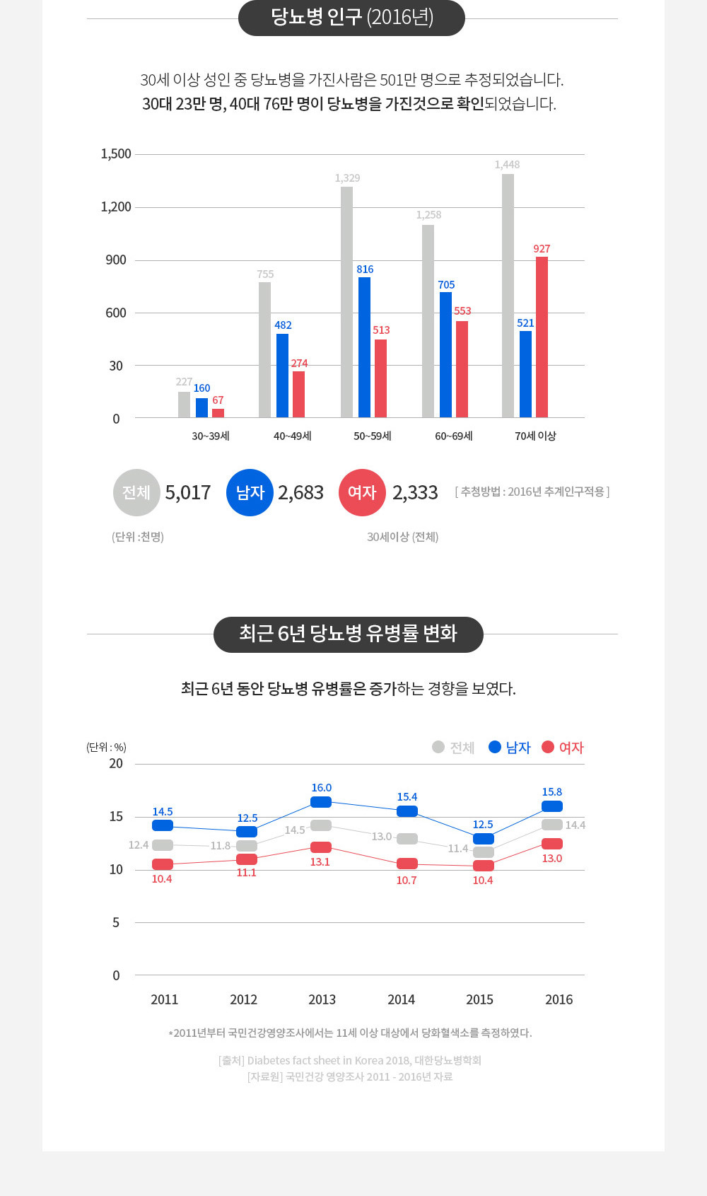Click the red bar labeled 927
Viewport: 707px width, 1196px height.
click(542, 337)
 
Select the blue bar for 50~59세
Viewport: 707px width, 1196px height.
click(364, 347)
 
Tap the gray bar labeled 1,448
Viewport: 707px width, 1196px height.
click(508, 296)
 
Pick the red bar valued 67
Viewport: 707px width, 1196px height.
click(218, 413)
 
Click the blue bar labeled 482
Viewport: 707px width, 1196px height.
click(282, 376)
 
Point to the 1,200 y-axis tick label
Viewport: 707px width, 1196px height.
click(116, 207)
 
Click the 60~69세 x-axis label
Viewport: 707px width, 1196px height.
click(454, 436)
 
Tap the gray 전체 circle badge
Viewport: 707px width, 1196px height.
click(136, 492)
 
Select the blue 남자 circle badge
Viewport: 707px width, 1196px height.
click(250, 492)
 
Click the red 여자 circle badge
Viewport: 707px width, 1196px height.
click(362, 492)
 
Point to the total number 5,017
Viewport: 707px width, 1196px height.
click(188, 492)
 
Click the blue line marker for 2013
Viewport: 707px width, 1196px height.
click(321, 802)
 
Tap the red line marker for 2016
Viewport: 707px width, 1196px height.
click(552, 844)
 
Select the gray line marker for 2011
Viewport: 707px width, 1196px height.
click(163, 845)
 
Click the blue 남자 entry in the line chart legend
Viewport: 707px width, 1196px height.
click(510, 748)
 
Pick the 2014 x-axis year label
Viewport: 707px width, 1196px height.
click(401, 999)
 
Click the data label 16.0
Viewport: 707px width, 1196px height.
click(322, 788)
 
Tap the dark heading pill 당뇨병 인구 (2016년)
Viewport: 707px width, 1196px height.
click(351, 18)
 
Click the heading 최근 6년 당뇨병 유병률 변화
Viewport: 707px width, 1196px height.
click(348, 634)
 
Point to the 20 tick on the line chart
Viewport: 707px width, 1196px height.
click(116, 764)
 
